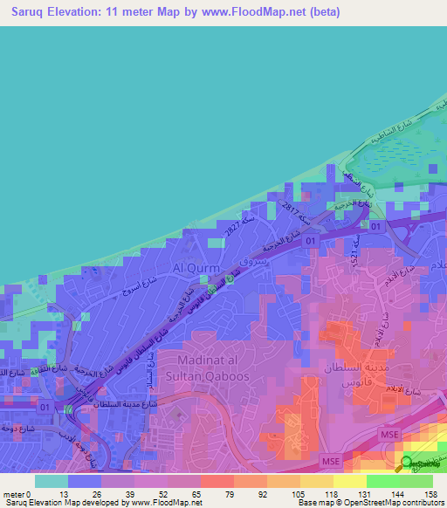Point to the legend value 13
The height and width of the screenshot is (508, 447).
69,494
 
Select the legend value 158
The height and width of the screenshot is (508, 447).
430,494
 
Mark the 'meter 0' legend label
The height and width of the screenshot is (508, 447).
17,494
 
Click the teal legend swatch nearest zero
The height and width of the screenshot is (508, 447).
52,481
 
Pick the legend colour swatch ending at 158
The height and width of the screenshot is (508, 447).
416,481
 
